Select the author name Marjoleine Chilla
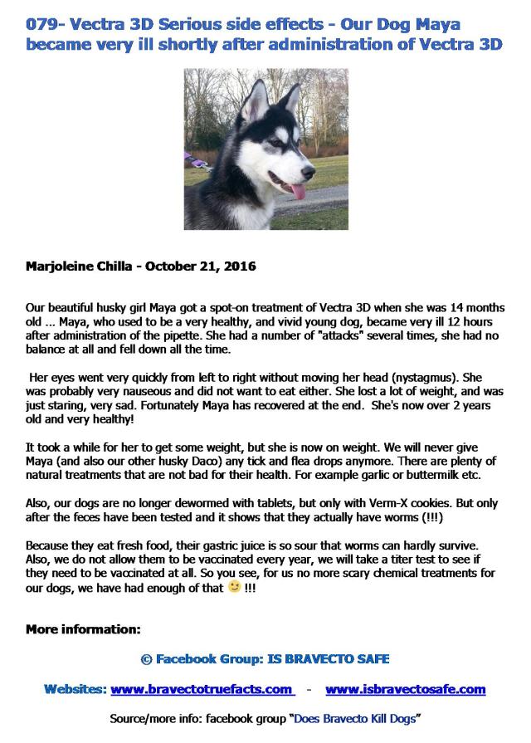[79, 267]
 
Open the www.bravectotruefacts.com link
[202, 689]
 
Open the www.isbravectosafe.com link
[406, 689]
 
